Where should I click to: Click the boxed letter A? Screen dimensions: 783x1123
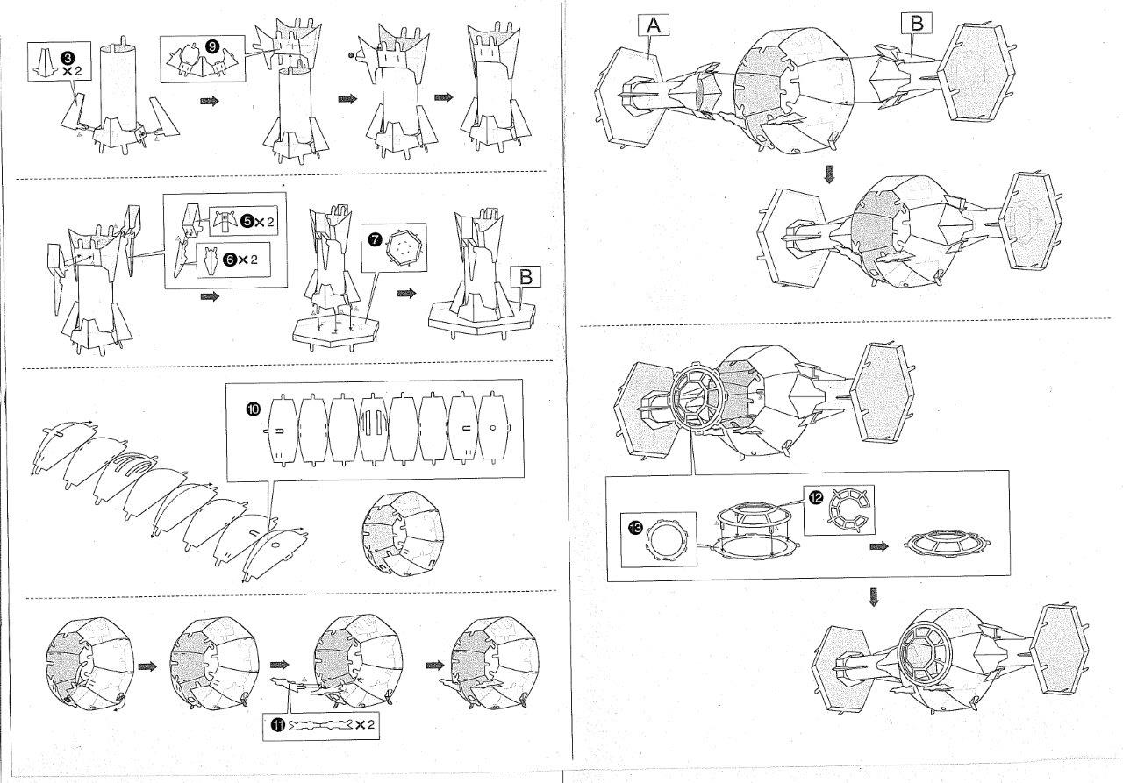653,25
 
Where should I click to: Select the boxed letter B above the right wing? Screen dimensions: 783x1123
916,24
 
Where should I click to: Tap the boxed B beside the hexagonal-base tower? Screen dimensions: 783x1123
526,277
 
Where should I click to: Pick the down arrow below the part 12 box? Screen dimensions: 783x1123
873,597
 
